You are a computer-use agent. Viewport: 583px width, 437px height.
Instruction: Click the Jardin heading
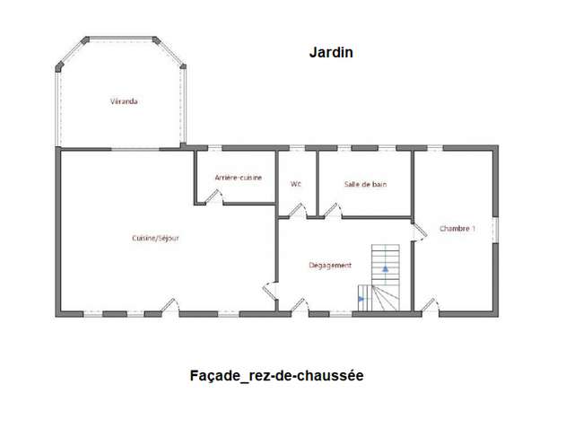point(331,52)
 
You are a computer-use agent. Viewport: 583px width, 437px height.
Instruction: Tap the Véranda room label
point(124,101)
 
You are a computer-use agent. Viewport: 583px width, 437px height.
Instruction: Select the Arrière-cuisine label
point(239,178)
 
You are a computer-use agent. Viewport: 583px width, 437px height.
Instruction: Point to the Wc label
point(296,184)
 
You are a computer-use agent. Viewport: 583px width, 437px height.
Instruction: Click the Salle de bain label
point(365,184)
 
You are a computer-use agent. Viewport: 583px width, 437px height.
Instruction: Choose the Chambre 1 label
point(457,228)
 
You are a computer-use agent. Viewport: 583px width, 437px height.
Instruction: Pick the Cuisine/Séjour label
point(155,238)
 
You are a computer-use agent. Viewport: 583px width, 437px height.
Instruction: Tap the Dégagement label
point(330,266)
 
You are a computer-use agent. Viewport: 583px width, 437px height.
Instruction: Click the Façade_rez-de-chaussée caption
point(276,376)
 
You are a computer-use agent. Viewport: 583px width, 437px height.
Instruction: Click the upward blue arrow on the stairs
point(386,268)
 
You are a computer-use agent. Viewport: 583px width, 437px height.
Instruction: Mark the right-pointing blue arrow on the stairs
point(361,299)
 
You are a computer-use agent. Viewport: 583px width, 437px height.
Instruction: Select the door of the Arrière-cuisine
point(213,197)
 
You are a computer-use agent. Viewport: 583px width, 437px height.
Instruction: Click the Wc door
point(298,211)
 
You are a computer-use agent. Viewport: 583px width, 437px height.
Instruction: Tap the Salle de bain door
point(333,211)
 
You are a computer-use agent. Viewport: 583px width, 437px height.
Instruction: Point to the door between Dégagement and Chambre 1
point(420,232)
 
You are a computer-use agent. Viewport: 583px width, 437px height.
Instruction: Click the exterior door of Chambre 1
point(431,306)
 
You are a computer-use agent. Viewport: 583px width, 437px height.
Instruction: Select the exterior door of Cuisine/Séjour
point(170,306)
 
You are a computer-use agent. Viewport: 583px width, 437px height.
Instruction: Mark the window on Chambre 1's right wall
point(495,230)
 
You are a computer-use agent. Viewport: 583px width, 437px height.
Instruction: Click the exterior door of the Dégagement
point(300,306)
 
